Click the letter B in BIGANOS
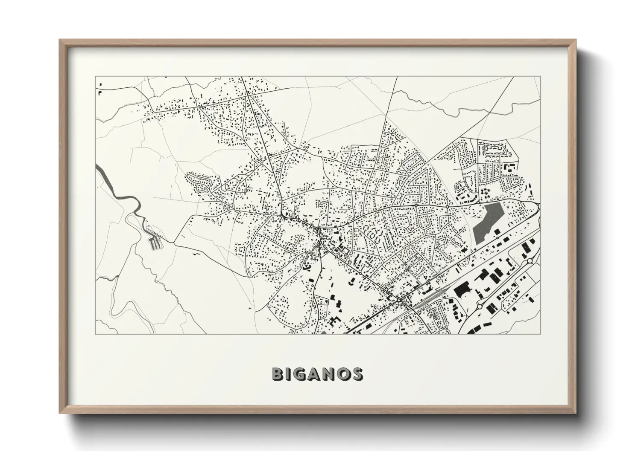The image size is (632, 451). (x=278, y=374)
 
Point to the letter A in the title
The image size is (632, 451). (x=315, y=374)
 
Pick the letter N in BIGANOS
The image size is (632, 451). (x=329, y=374)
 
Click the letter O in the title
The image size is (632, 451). (x=343, y=374)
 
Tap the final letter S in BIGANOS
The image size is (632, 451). (x=357, y=374)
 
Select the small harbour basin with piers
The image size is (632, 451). (x=155, y=243)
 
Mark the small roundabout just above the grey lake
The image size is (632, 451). (x=447, y=207)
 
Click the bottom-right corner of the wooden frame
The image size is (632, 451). (x=575, y=413)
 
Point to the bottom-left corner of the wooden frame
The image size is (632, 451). (x=60, y=413)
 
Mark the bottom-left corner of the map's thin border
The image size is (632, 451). (x=96, y=334)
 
